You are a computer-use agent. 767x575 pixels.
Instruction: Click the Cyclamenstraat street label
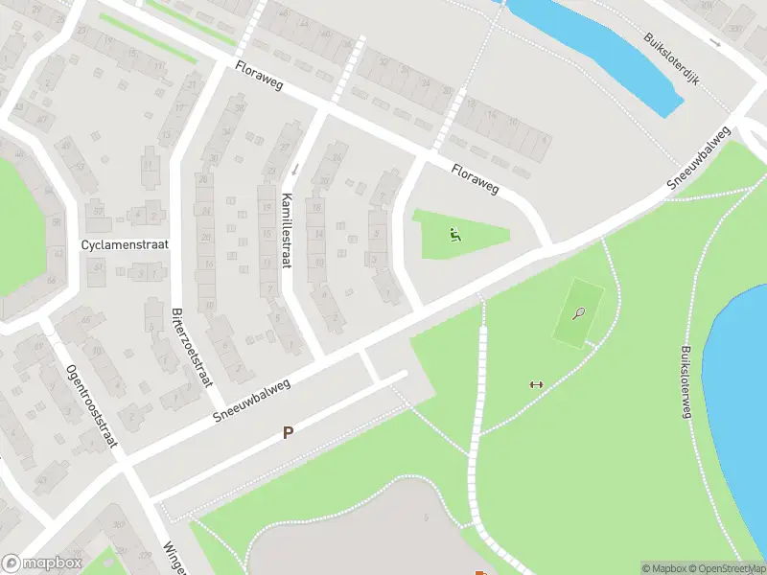125,244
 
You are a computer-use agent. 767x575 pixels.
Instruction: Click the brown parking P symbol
287,433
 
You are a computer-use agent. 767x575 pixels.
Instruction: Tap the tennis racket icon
578,312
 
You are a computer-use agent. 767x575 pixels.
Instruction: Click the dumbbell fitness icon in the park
536,384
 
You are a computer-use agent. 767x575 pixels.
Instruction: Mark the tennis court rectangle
579,310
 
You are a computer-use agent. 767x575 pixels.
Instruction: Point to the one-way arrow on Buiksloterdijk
714,42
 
